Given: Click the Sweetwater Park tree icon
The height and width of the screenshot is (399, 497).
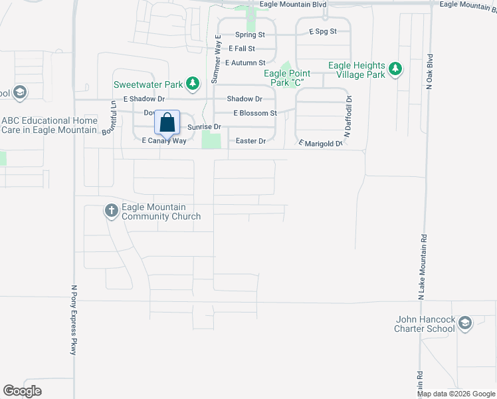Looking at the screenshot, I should [x=193, y=84].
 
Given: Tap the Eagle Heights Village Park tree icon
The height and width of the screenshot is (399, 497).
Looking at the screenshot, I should [x=395, y=69].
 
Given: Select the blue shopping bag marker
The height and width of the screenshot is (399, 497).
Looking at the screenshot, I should [x=167, y=123].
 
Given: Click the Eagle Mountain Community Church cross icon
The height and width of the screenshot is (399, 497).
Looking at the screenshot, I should [x=111, y=211].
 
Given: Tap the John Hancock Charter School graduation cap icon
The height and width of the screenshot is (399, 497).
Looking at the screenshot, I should [x=465, y=324].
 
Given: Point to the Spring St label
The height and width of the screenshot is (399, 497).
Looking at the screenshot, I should [x=250, y=35].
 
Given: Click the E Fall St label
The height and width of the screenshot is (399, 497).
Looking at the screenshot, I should [x=242, y=49].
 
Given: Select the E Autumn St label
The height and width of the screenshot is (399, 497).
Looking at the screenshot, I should [x=245, y=63].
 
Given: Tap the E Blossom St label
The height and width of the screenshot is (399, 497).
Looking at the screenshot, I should [x=254, y=113].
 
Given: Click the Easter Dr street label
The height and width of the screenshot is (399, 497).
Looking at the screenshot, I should [x=251, y=141].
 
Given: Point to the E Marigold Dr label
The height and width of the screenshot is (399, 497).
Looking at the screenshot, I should [x=320, y=143].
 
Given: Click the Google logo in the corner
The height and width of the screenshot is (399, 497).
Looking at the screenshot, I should [x=23, y=390].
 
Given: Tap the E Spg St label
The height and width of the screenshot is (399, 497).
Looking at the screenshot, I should [x=324, y=31].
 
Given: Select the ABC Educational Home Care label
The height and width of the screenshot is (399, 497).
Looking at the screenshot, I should [x=50, y=125].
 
